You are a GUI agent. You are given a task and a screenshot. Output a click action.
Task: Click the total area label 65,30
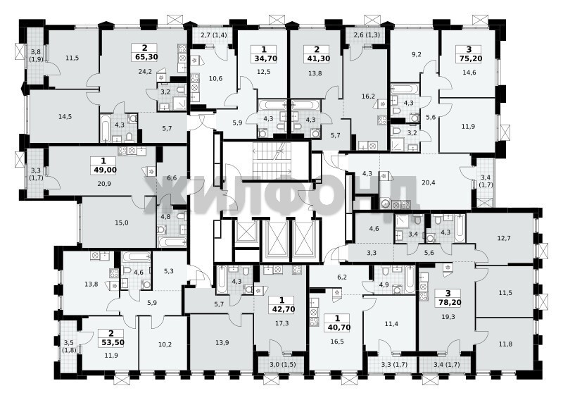(145, 57)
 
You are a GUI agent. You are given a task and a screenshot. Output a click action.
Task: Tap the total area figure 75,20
(469, 58)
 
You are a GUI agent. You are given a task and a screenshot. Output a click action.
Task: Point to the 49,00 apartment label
(103, 170)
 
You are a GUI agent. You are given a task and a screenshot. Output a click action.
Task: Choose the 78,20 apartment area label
(448, 303)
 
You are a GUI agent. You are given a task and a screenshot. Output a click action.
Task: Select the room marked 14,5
(65, 116)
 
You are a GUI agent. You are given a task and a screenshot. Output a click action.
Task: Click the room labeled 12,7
(504, 238)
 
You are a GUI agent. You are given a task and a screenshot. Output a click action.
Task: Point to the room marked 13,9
(222, 343)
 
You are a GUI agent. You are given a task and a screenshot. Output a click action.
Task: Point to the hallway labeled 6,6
(172, 177)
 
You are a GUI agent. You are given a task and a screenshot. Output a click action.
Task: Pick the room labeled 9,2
(416, 56)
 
